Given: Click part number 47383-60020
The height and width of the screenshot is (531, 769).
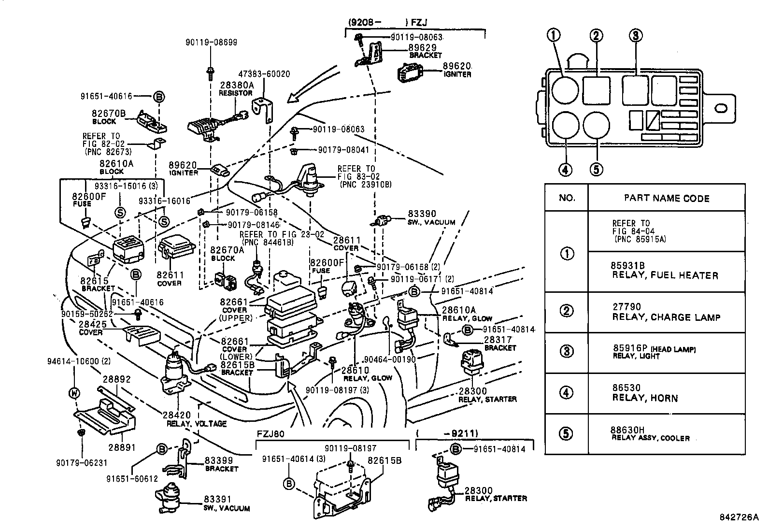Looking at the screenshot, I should (264, 74).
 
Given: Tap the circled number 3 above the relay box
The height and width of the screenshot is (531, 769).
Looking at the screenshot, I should (635, 35).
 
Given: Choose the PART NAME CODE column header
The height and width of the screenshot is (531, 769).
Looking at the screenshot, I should (666, 198).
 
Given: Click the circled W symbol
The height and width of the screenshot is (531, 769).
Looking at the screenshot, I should (74, 393).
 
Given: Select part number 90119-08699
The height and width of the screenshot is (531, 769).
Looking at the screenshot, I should (211, 43).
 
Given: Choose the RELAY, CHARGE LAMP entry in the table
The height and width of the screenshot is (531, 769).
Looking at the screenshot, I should (666, 312).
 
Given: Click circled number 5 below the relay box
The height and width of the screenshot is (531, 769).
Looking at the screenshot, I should (596, 170).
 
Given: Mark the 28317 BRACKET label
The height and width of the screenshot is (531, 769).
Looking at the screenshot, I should (499, 344).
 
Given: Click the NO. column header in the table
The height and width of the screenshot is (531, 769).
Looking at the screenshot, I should (567, 198).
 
